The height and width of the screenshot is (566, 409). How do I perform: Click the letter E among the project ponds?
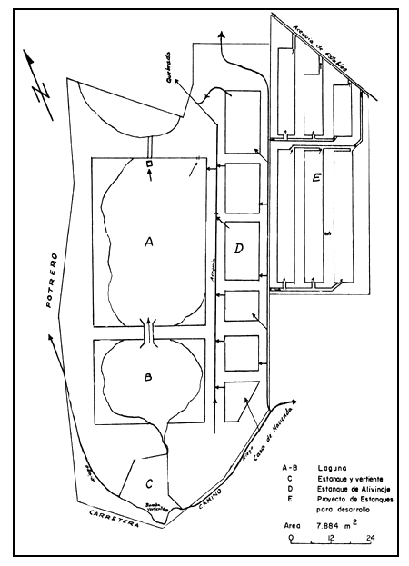pyautogui.click(x=314, y=178)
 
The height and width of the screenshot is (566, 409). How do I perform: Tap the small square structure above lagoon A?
pyautogui.click(x=148, y=163)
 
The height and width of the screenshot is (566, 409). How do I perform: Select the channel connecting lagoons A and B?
pyautogui.click(x=148, y=329)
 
